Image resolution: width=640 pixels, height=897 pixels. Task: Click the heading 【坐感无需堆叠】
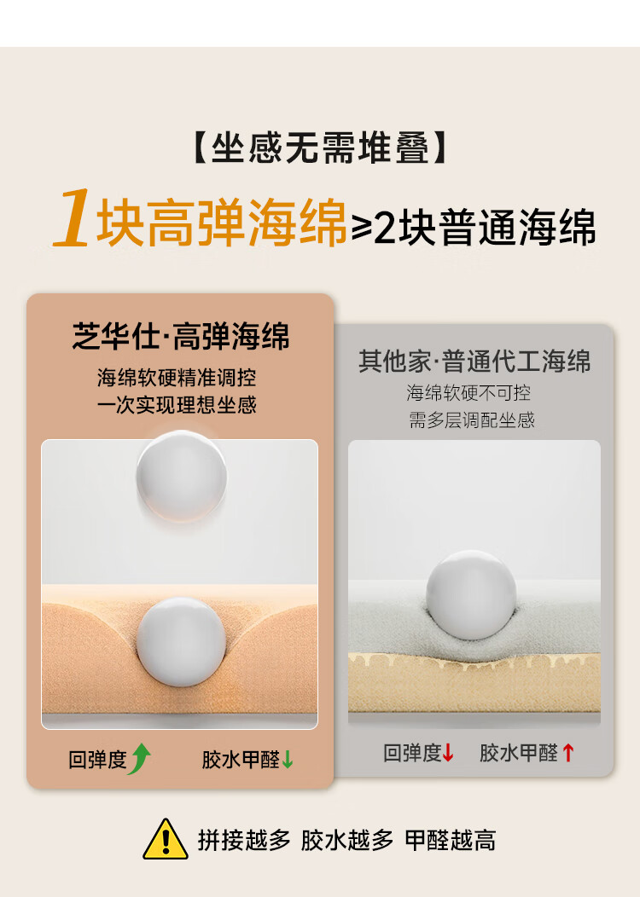click(x=320, y=148)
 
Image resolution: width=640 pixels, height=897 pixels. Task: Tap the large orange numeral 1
click(x=73, y=218)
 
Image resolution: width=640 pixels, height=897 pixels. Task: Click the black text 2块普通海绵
click(x=485, y=227)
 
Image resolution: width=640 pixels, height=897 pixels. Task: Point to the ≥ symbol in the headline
click(x=362, y=227)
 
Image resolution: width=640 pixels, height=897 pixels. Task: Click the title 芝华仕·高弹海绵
click(x=181, y=336)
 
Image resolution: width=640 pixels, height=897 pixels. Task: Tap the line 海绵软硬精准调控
click(x=177, y=378)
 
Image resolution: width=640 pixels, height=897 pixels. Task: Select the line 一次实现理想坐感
click(x=177, y=405)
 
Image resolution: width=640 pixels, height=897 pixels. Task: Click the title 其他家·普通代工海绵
click(x=474, y=361)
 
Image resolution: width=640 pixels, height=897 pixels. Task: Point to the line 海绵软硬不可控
click(x=468, y=393)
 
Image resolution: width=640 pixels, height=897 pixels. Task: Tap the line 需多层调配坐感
click(x=472, y=420)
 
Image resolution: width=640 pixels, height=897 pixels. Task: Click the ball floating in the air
click(x=182, y=477)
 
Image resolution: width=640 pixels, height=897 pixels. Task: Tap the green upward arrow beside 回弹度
click(x=140, y=759)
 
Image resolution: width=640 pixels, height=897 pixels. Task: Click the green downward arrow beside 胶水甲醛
click(x=288, y=759)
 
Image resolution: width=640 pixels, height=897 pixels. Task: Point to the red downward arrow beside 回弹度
click(x=448, y=752)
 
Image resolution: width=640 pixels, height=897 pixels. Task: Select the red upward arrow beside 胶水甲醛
click(x=567, y=752)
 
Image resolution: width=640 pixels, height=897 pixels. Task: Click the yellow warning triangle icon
click(x=166, y=841)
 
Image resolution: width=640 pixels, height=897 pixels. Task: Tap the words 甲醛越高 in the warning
click(x=450, y=841)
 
